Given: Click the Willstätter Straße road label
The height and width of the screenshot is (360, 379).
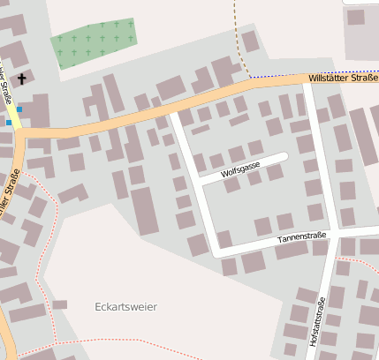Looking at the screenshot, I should (x=343, y=79).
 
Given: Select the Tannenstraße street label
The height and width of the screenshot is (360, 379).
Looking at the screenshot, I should (x=302, y=237).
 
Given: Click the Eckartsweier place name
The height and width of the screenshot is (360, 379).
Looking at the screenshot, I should (x=125, y=307).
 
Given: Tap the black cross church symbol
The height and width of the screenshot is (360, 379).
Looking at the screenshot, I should (x=20, y=79).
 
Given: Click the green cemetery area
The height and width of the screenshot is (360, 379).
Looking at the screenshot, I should (x=94, y=41).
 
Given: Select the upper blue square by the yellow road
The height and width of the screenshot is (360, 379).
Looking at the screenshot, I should (x=19, y=109).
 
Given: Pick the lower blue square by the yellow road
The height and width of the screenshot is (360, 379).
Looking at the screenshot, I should (x=9, y=123).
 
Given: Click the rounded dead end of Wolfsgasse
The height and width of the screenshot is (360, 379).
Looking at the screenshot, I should (x=284, y=157).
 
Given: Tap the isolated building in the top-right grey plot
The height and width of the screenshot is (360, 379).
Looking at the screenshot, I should (x=355, y=17).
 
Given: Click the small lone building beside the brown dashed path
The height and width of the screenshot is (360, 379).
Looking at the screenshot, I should (x=250, y=41).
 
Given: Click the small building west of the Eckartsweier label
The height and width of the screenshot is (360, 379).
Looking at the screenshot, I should (x=59, y=304).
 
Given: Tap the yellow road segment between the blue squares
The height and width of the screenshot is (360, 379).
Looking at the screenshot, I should (x=14, y=116).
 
